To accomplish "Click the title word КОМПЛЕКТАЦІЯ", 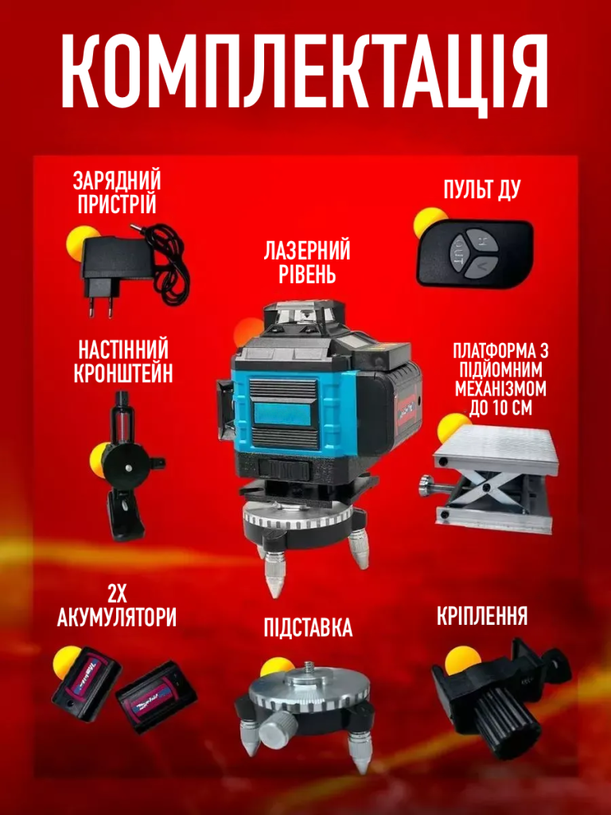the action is [x=305, y=70].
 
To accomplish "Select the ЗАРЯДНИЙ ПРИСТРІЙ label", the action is [x=117, y=193].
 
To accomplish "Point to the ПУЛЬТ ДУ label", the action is [x=481, y=190].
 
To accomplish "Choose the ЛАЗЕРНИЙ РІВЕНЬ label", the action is [x=306, y=262].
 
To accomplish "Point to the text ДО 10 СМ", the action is [x=501, y=407].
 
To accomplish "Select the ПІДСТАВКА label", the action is [x=308, y=628].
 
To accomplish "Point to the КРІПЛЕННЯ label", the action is [x=481, y=615].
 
